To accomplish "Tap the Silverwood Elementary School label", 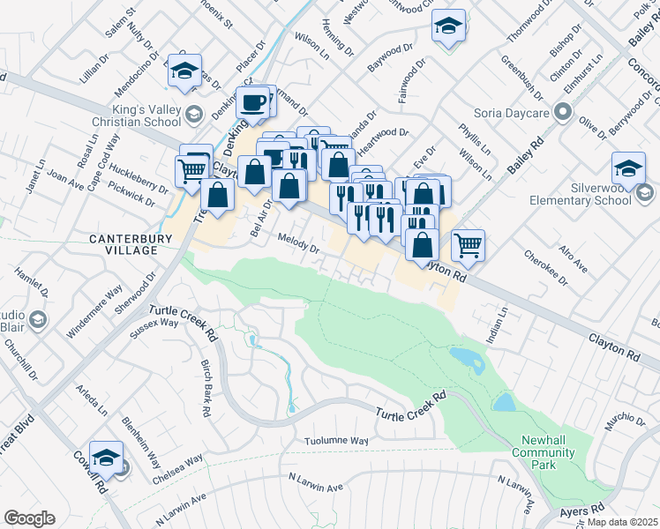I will (580, 194).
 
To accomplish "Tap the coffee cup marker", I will (254, 103).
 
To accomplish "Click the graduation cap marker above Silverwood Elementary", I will (629, 168).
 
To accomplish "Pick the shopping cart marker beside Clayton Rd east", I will (468, 244).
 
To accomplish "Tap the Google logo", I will (29, 518).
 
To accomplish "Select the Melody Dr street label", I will (298, 242).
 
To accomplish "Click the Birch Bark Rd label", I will (204, 388).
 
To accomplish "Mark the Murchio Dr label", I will (626, 420).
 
